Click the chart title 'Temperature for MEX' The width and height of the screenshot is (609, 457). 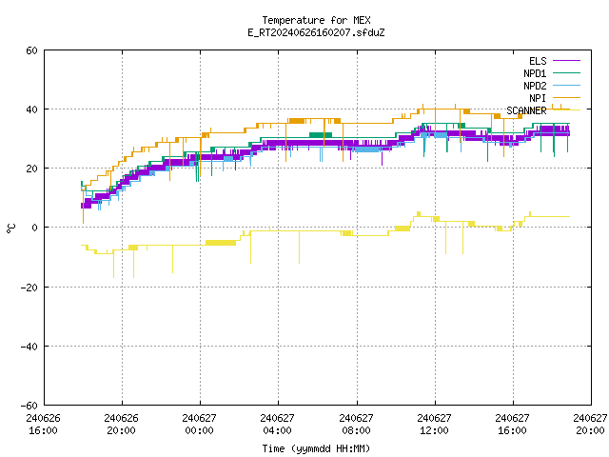click(316, 20)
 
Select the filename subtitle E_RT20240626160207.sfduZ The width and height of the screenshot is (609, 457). click(316, 32)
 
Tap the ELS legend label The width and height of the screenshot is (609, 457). click(538, 61)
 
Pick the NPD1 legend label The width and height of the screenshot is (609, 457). click(535, 73)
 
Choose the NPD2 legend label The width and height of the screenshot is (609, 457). click(535, 86)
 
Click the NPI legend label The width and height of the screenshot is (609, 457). click(538, 98)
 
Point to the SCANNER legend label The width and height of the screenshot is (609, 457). click(526, 110)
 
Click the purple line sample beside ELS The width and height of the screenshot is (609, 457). click(567, 61)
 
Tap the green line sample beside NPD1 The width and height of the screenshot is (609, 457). click(567, 73)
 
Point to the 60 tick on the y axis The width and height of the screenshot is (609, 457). click(31, 50)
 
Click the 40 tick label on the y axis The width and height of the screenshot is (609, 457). click(31, 109)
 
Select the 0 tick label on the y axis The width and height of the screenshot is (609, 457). click(35, 228)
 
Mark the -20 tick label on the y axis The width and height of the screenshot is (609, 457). click(29, 288)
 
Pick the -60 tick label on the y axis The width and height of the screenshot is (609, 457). click(29, 406)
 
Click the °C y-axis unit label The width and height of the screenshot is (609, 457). click(10, 228)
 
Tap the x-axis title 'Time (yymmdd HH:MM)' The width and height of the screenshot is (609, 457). click(316, 448)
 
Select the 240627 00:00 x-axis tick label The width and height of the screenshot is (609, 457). click(199, 425)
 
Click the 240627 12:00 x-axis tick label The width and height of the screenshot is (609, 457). click(434, 425)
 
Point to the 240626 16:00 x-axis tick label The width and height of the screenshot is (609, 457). click(43, 425)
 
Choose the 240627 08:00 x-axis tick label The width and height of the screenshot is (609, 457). click(356, 425)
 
